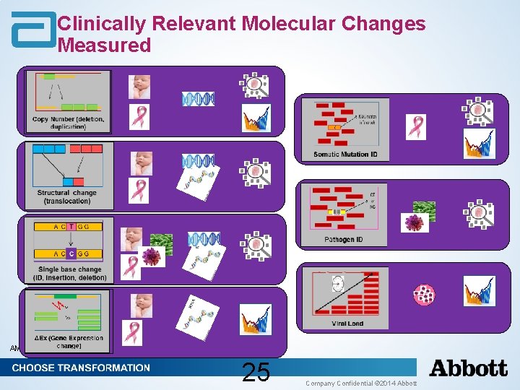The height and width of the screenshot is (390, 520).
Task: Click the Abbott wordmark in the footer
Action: point(469,368)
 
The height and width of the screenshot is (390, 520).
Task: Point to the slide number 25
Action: point(256,372)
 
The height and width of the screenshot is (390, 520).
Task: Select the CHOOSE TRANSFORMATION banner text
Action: point(81,368)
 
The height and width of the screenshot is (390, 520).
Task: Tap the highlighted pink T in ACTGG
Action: point(71,227)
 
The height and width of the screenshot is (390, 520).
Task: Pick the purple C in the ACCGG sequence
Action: point(71,253)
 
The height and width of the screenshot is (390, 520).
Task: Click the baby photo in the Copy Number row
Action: point(139,86)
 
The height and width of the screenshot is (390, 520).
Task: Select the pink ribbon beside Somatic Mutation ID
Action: point(417,127)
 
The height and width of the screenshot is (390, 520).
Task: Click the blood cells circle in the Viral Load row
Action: point(424,295)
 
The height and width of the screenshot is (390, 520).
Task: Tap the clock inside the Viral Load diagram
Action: point(338,284)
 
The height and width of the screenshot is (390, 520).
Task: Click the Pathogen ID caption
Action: point(344,239)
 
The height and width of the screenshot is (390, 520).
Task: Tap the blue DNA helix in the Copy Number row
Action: point(198,99)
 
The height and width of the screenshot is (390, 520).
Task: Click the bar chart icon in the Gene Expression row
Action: point(255,320)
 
